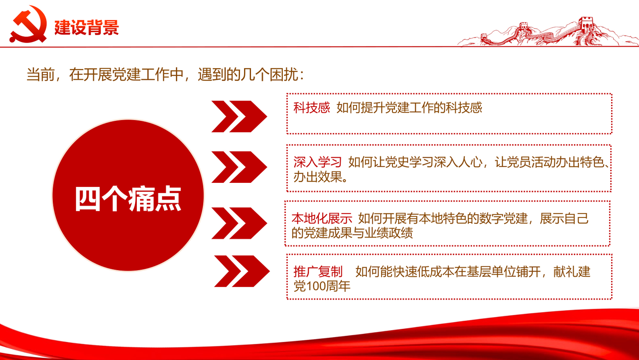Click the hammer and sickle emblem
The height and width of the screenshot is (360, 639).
(28, 24)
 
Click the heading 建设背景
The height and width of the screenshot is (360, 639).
(86, 27)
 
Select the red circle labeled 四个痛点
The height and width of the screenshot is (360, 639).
(128, 195)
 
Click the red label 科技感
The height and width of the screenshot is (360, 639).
(311, 108)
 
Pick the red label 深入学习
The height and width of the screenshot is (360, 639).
(317, 162)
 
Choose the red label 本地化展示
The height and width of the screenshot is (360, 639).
(322, 218)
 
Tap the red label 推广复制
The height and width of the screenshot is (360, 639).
(318, 272)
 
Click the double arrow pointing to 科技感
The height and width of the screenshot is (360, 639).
(239, 117)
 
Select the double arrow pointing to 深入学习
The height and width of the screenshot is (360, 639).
(239, 167)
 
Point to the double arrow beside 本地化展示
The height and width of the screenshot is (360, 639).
(239, 223)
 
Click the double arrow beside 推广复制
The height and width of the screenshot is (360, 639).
(242, 271)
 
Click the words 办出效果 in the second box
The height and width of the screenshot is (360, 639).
(317, 177)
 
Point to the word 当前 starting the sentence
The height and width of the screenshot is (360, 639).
(40, 75)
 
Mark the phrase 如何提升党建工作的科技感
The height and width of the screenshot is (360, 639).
(409, 108)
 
